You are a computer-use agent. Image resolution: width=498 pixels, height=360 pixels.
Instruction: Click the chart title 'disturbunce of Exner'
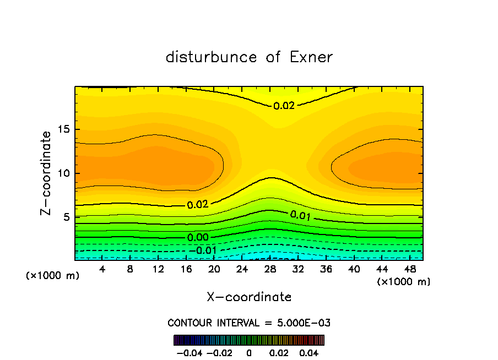point(249,57)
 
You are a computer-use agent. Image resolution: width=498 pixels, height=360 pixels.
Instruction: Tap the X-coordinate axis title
point(249,297)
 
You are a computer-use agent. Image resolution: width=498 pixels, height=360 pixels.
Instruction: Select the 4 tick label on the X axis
point(101,270)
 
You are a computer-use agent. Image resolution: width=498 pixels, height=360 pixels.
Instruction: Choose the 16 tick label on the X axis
point(186,270)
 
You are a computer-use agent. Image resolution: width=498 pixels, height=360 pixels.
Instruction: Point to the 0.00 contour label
point(198,237)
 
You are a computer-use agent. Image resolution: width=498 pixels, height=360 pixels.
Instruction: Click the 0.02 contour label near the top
point(284,106)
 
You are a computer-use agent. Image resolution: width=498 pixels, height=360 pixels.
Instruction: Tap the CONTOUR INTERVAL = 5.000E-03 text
point(249,323)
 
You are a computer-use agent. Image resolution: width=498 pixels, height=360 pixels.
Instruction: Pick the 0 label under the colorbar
point(249,352)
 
